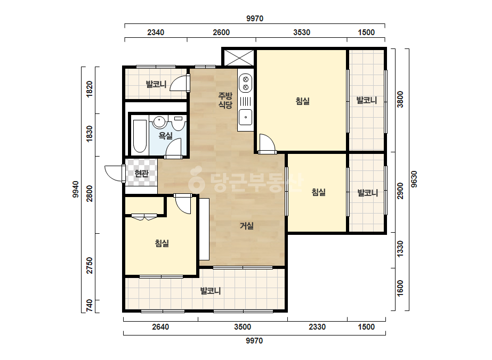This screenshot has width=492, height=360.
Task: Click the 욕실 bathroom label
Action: point(165,136)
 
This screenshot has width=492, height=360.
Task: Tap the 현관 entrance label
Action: point(141,173)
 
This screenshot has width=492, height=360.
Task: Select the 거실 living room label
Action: point(247,225)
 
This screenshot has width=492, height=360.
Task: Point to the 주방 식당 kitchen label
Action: point(225,100)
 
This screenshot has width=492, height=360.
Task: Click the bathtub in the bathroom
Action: point(140,136)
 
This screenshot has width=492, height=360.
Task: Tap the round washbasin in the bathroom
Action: point(159,122)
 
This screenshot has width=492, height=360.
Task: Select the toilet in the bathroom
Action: point(178,123)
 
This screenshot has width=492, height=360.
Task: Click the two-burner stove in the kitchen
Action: point(246,83)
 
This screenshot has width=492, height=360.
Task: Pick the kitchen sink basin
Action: point(245,117)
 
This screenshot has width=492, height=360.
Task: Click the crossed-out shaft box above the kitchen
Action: point(239,58)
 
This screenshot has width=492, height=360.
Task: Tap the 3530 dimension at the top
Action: point(302,32)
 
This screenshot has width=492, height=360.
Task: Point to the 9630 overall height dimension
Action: point(414,179)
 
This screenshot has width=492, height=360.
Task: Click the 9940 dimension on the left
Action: point(76,190)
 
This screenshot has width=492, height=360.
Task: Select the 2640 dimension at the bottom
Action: point(160,327)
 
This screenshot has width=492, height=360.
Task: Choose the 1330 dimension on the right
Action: point(400,249)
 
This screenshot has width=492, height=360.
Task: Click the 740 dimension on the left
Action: point(90,306)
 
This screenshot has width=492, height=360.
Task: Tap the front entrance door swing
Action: point(114,173)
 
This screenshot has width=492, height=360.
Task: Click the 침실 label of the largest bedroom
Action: point(302,101)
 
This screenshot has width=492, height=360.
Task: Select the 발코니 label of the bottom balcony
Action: point(211,291)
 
